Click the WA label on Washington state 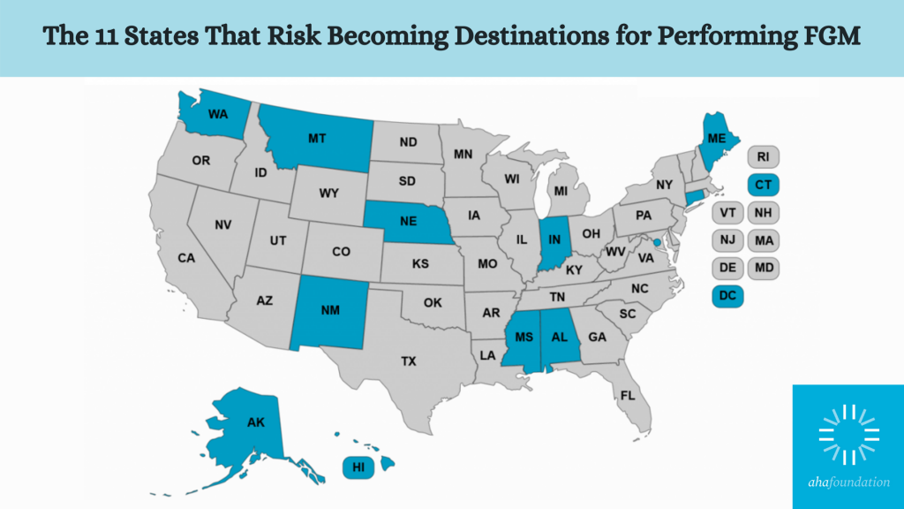pos(218,114)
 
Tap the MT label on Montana pos(318,139)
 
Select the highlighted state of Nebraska pos(407,222)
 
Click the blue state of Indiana pos(554,236)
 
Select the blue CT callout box pos(762,185)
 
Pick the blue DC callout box pos(727,296)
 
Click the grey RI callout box pos(762,157)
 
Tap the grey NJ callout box pos(727,239)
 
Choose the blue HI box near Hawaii pos(358,467)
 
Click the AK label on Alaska pos(254,422)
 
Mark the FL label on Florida pos(627,395)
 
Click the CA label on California pos(186,258)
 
